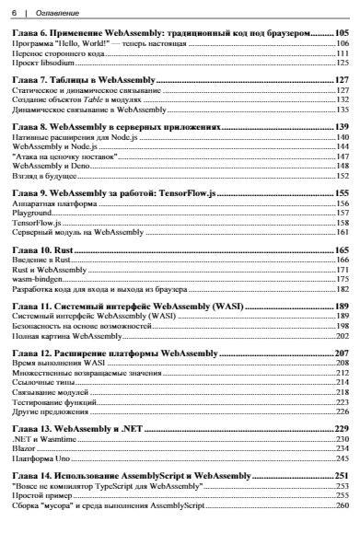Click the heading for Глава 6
[175, 32]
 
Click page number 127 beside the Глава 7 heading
[341, 80]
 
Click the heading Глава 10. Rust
[50, 249]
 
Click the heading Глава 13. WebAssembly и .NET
[95, 429]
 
